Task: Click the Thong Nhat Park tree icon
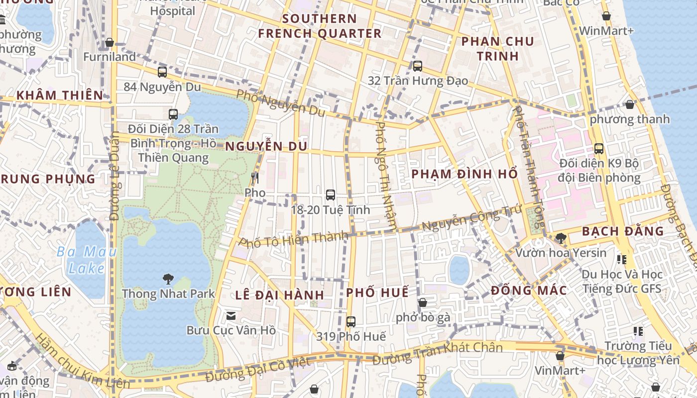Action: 168,279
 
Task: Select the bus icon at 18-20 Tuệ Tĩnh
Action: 330,195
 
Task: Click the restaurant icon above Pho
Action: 255,178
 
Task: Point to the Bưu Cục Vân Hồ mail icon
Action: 231,315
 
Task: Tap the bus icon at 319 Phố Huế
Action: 351,322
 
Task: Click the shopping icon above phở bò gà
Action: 423,302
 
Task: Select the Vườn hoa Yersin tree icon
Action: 561,238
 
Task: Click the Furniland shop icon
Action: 110,42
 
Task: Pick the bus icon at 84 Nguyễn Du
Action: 162,72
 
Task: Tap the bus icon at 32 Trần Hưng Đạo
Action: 418,66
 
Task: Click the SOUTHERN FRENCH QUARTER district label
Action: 320,26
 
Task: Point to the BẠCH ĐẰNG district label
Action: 622,231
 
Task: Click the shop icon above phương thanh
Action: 630,104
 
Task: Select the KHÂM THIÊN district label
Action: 60,95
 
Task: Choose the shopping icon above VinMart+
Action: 560,356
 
